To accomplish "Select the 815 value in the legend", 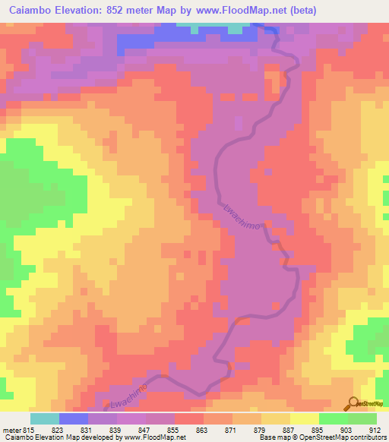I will click(x=28, y=429).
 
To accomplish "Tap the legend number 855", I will click(x=173, y=429).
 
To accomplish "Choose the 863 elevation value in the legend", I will click(x=202, y=429).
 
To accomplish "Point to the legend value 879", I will click(x=260, y=429).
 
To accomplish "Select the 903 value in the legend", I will click(x=346, y=429).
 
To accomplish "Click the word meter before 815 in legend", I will click(x=11, y=429).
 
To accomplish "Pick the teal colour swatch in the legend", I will click(x=44, y=418).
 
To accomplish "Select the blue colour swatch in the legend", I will click(x=73, y=418).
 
